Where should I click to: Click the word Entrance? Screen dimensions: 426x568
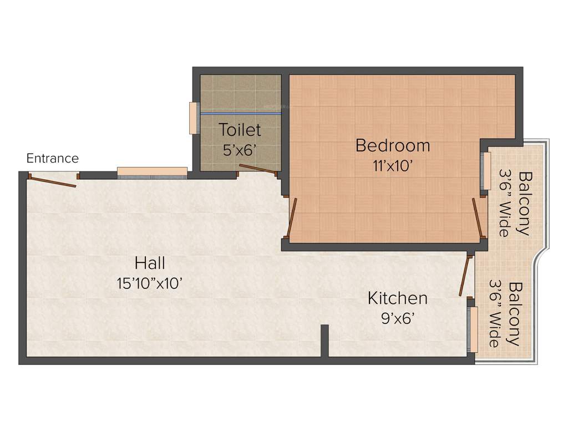[x=53, y=159]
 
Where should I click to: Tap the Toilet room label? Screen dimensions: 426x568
[x=240, y=130]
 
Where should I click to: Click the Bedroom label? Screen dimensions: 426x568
[x=393, y=145]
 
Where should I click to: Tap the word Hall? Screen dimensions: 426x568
[x=150, y=262]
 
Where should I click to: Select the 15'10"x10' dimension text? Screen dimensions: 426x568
[x=150, y=283]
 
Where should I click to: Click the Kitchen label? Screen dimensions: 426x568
[x=397, y=298]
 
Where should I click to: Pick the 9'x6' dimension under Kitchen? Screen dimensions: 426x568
[x=397, y=318]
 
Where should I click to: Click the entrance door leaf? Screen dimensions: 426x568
[x=52, y=181]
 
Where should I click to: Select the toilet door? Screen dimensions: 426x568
[x=258, y=169]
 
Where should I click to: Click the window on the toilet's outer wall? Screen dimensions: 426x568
[x=194, y=118]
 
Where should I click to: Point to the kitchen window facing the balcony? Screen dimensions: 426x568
[x=473, y=329]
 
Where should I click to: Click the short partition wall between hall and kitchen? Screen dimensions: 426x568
[x=324, y=341]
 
